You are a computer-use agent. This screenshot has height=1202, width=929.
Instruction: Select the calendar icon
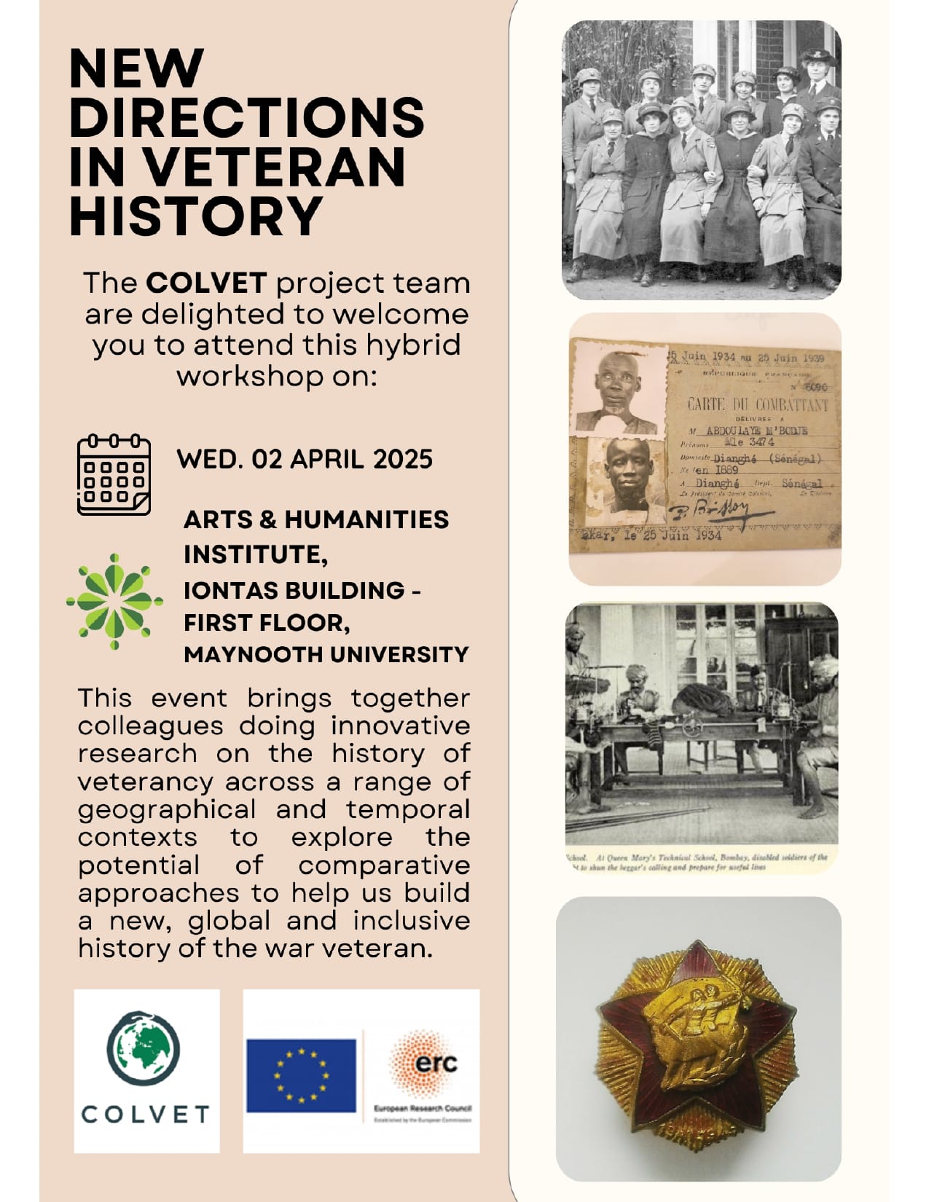tap(114, 475)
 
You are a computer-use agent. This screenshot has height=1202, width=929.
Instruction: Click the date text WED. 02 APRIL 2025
tap(305, 459)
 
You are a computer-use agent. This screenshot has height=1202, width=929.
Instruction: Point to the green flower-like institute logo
tap(114, 601)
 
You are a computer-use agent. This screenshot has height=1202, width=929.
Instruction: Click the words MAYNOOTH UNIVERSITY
tap(326, 654)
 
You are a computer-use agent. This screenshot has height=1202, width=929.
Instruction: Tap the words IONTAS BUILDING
tap(294, 589)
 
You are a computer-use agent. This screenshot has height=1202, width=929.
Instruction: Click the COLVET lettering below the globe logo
tap(146, 1114)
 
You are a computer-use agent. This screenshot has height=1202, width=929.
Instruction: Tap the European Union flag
tap(301, 1075)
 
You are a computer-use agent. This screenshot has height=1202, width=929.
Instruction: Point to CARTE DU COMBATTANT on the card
tap(758, 404)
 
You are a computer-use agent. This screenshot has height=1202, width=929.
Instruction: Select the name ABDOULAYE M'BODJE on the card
tap(756, 431)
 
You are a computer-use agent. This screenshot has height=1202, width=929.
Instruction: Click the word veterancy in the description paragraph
tap(145, 782)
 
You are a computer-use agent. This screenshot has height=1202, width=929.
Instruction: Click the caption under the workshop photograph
tap(699, 863)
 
